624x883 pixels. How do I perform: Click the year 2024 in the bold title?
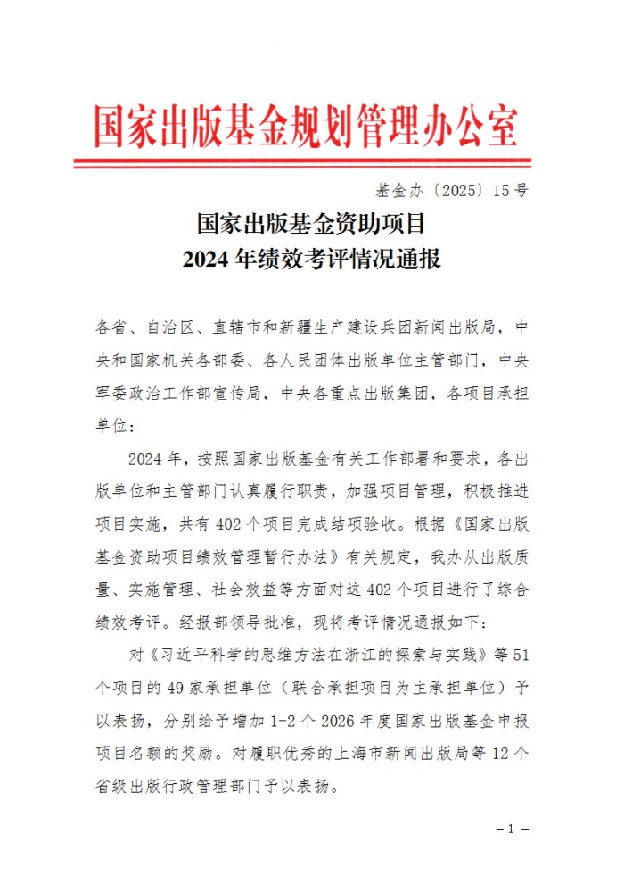click(x=206, y=260)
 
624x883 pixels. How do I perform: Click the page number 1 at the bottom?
click(x=512, y=829)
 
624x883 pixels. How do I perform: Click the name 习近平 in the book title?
click(x=185, y=656)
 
